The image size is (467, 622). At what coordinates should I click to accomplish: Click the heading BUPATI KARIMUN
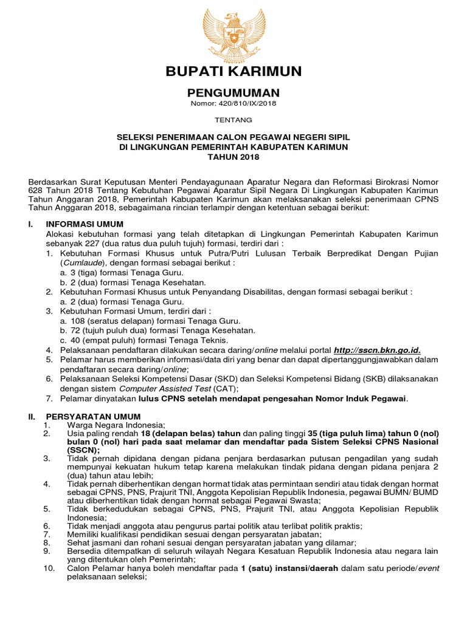click(233, 72)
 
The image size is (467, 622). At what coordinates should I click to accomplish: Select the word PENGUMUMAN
click(233, 93)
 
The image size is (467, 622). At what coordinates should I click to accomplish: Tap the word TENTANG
click(233, 120)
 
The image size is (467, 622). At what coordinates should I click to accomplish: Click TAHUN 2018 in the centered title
click(233, 157)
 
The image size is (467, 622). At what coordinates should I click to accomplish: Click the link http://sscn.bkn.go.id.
click(377, 350)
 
